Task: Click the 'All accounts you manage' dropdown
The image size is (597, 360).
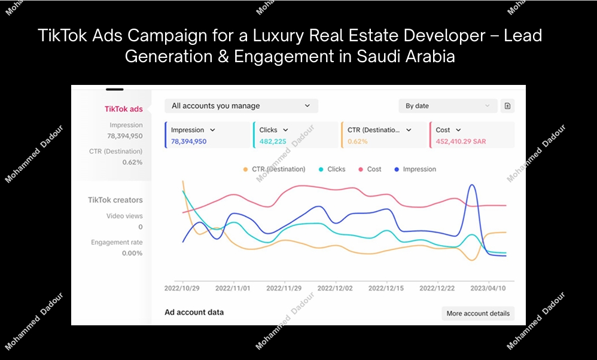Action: coord(241,106)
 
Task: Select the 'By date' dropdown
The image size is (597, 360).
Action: coord(447,106)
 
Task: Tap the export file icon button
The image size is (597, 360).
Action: coord(507,106)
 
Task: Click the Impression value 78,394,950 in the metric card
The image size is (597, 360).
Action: coord(188,142)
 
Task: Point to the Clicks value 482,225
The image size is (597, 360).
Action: coord(273,142)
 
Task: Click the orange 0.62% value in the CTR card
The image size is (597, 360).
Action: coord(357,142)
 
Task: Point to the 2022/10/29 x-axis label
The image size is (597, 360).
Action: coord(182,288)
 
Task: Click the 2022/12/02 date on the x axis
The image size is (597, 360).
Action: coord(335,288)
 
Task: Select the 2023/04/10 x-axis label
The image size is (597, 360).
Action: coord(488,288)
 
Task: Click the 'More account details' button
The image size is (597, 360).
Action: coord(478,313)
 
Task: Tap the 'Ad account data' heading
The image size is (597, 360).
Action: coord(194,312)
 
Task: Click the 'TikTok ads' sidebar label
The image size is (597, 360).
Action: coord(123,109)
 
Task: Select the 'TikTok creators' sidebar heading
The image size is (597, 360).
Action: coord(115,200)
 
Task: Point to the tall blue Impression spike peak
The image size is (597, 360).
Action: coord(473,185)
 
